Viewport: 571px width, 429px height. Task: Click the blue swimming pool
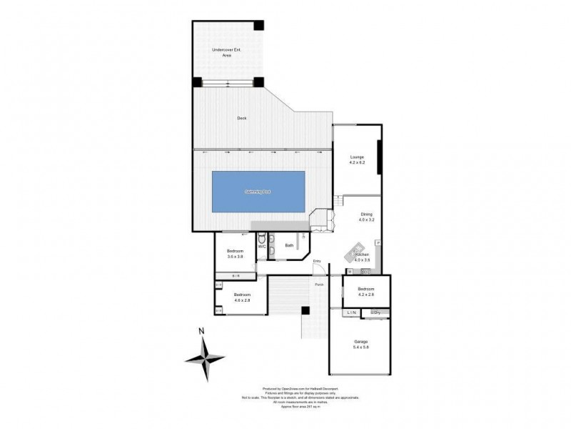[x=258, y=192]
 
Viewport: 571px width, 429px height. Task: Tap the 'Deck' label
[x=241, y=119]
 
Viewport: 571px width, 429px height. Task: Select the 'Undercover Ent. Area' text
[x=226, y=51]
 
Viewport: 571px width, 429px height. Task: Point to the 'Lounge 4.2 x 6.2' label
[x=357, y=160]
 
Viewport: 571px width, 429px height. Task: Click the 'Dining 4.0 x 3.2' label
[x=366, y=217]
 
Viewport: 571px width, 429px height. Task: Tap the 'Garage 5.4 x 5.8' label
[x=361, y=344]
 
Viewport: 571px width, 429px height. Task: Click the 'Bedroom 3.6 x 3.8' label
[x=236, y=254]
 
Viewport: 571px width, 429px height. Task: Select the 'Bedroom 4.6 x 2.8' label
[x=241, y=297]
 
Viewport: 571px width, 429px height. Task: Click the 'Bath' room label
[x=289, y=246]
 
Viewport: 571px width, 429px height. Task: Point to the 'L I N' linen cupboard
[x=351, y=313]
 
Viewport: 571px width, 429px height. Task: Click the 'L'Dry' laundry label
[x=375, y=313]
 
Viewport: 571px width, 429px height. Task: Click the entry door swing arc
[x=322, y=269]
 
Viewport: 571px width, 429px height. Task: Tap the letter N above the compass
[x=202, y=330]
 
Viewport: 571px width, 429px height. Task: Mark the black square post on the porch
[x=305, y=311]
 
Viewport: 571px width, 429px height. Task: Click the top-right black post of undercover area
[x=259, y=25]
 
